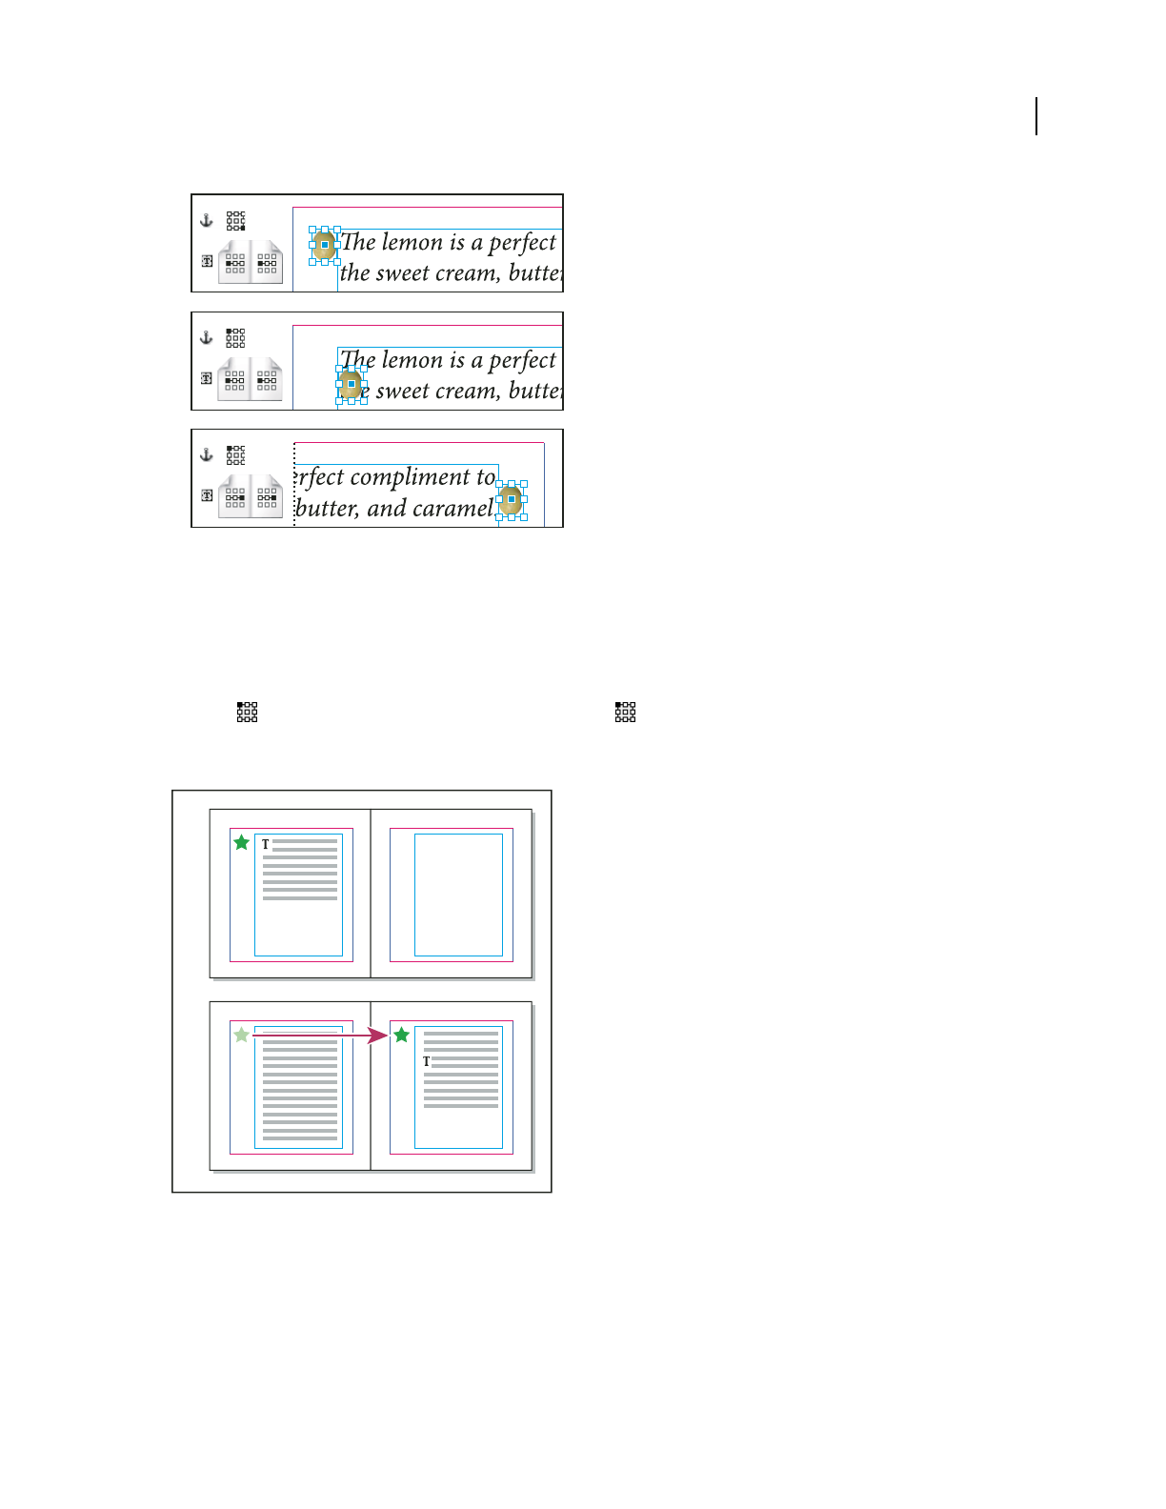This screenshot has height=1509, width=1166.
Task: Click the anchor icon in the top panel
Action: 206,220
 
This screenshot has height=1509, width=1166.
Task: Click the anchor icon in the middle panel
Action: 206,337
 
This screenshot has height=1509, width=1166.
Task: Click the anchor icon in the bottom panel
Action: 206,454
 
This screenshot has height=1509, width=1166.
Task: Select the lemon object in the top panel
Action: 325,245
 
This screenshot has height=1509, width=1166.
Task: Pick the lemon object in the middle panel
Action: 351,384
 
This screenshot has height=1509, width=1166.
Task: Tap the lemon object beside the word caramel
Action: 511,500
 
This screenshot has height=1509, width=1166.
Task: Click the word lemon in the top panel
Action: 412,242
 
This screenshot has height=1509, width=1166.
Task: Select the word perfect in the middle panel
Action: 521,360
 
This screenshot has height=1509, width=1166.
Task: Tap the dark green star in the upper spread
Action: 242,842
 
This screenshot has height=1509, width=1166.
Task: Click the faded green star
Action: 242,1035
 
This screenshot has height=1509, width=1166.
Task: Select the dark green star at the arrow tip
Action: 402,1035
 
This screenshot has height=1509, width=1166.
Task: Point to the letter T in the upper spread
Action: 266,844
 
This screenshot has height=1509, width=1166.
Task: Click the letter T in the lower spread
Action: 426,1061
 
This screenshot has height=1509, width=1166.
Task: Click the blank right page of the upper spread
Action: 458,895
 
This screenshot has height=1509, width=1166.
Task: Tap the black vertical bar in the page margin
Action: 1036,116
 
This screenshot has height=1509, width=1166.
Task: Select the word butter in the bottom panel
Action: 327,509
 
